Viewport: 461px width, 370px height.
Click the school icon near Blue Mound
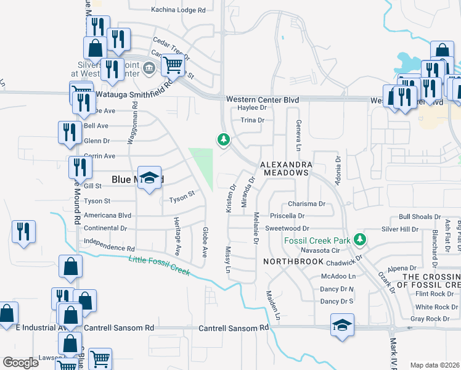coord(149,178)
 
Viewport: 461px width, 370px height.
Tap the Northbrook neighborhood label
coord(293,261)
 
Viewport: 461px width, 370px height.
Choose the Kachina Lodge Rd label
coord(178,10)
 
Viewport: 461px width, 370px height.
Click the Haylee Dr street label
coord(251,107)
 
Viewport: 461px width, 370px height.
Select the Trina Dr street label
coord(252,120)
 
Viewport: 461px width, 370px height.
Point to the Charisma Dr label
coord(306,204)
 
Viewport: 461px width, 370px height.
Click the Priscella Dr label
coord(288,216)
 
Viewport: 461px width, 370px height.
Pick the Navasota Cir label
coord(320,251)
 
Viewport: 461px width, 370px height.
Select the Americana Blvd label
coord(108,215)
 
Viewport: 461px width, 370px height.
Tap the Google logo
coord(21,363)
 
